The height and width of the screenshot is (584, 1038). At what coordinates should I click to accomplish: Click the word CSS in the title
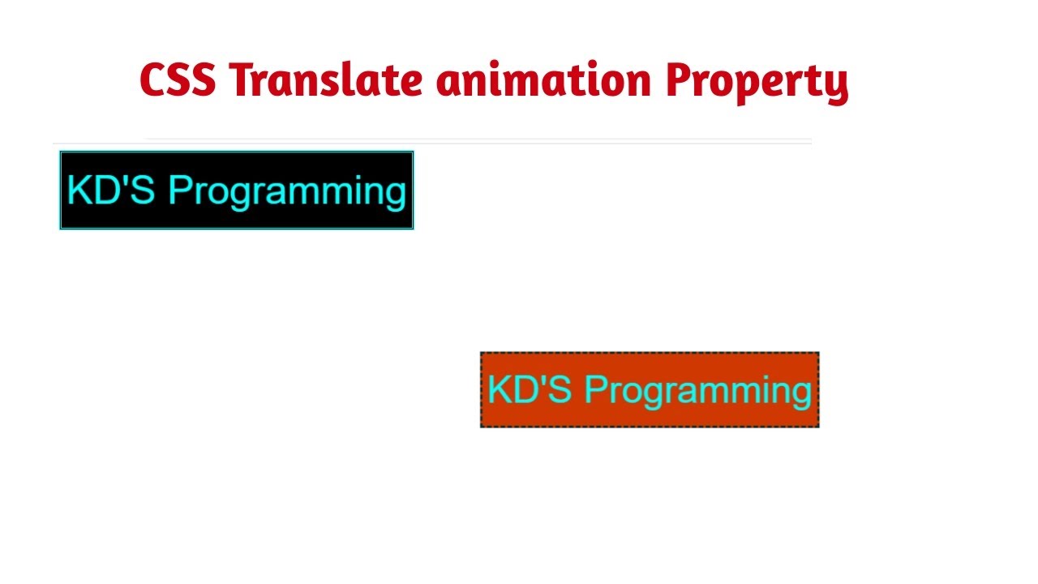click(x=177, y=80)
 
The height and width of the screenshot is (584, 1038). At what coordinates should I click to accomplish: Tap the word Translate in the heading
click(x=325, y=80)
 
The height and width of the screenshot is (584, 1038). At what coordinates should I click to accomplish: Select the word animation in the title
click(x=543, y=80)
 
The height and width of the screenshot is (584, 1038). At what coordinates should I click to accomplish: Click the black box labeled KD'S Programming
click(x=237, y=190)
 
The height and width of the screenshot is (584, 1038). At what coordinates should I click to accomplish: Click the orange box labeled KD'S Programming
click(x=650, y=389)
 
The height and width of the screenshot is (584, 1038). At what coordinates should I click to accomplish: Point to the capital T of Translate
click(x=242, y=80)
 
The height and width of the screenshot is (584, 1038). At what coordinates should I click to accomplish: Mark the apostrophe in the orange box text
click(x=546, y=380)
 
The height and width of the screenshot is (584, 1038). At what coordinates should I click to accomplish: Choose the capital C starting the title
click(x=152, y=80)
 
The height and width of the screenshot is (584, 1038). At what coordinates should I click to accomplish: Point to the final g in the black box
click(x=395, y=195)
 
